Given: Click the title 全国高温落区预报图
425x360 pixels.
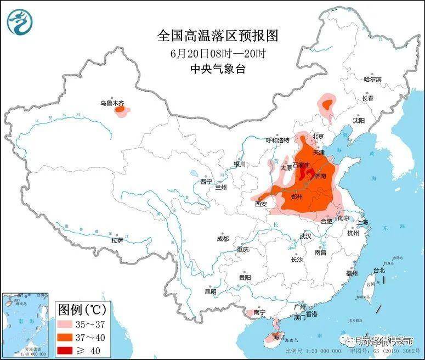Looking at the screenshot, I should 218,36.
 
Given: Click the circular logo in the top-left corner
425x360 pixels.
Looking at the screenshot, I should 20,20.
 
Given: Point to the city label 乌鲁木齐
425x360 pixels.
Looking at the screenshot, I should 111,103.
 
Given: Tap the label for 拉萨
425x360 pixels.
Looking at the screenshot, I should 117,240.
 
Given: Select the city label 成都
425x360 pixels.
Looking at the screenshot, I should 223,239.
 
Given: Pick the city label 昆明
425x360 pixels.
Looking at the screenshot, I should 211,291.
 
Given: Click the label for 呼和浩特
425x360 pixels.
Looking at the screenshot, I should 277,140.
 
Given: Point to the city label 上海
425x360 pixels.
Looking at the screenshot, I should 362,222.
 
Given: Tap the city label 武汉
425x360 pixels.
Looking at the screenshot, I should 305,236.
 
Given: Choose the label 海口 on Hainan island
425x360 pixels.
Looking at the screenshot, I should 279,336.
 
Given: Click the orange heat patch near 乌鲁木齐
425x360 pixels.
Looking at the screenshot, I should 120,110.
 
